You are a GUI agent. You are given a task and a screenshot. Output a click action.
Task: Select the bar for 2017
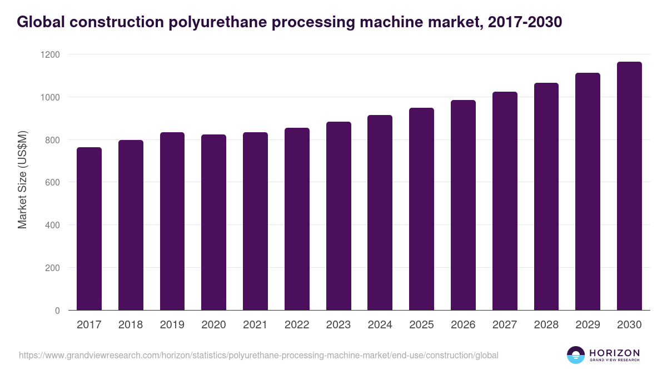click(x=89, y=229)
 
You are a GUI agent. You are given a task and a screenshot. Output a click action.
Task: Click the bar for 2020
click(x=213, y=222)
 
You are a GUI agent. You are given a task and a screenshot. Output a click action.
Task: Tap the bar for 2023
click(x=339, y=216)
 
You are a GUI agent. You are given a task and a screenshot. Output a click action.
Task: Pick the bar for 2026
click(x=463, y=205)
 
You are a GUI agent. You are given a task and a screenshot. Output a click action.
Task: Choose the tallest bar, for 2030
click(x=629, y=186)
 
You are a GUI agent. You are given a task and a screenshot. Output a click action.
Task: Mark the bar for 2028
click(x=546, y=197)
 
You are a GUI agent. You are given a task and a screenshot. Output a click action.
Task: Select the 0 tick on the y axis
click(x=57, y=311)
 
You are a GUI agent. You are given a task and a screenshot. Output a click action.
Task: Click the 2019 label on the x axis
click(x=172, y=325)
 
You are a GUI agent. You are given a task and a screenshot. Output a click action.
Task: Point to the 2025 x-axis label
click(x=421, y=325)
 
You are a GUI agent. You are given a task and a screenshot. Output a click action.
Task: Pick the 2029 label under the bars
click(x=588, y=325)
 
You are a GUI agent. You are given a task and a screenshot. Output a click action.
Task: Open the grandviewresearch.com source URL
click(x=258, y=356)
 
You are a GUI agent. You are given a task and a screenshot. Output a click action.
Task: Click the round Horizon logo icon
click(x=576, y=355)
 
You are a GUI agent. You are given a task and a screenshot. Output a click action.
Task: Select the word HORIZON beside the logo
click(x=614, y=352)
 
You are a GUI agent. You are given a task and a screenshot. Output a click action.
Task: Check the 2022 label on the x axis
click(x=297, y=325)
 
